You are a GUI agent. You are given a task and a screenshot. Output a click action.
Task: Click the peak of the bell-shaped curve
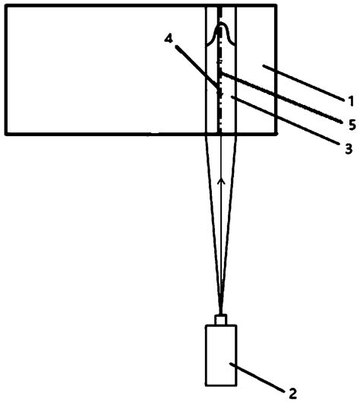click(x=221, y=24)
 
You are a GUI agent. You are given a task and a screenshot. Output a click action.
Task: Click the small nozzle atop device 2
click(x=221, y=319)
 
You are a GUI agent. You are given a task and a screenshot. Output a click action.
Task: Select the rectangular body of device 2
click(x=221, y=355)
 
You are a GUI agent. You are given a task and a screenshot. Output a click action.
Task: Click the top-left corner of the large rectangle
click(x=5, y=5)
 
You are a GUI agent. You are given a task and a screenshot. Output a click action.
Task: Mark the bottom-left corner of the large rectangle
click(x=5, y=134)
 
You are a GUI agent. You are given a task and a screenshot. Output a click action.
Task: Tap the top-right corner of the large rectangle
click(x=276, y=5)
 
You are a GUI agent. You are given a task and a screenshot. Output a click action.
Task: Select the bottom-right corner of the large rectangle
click(x=276, y=134)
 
